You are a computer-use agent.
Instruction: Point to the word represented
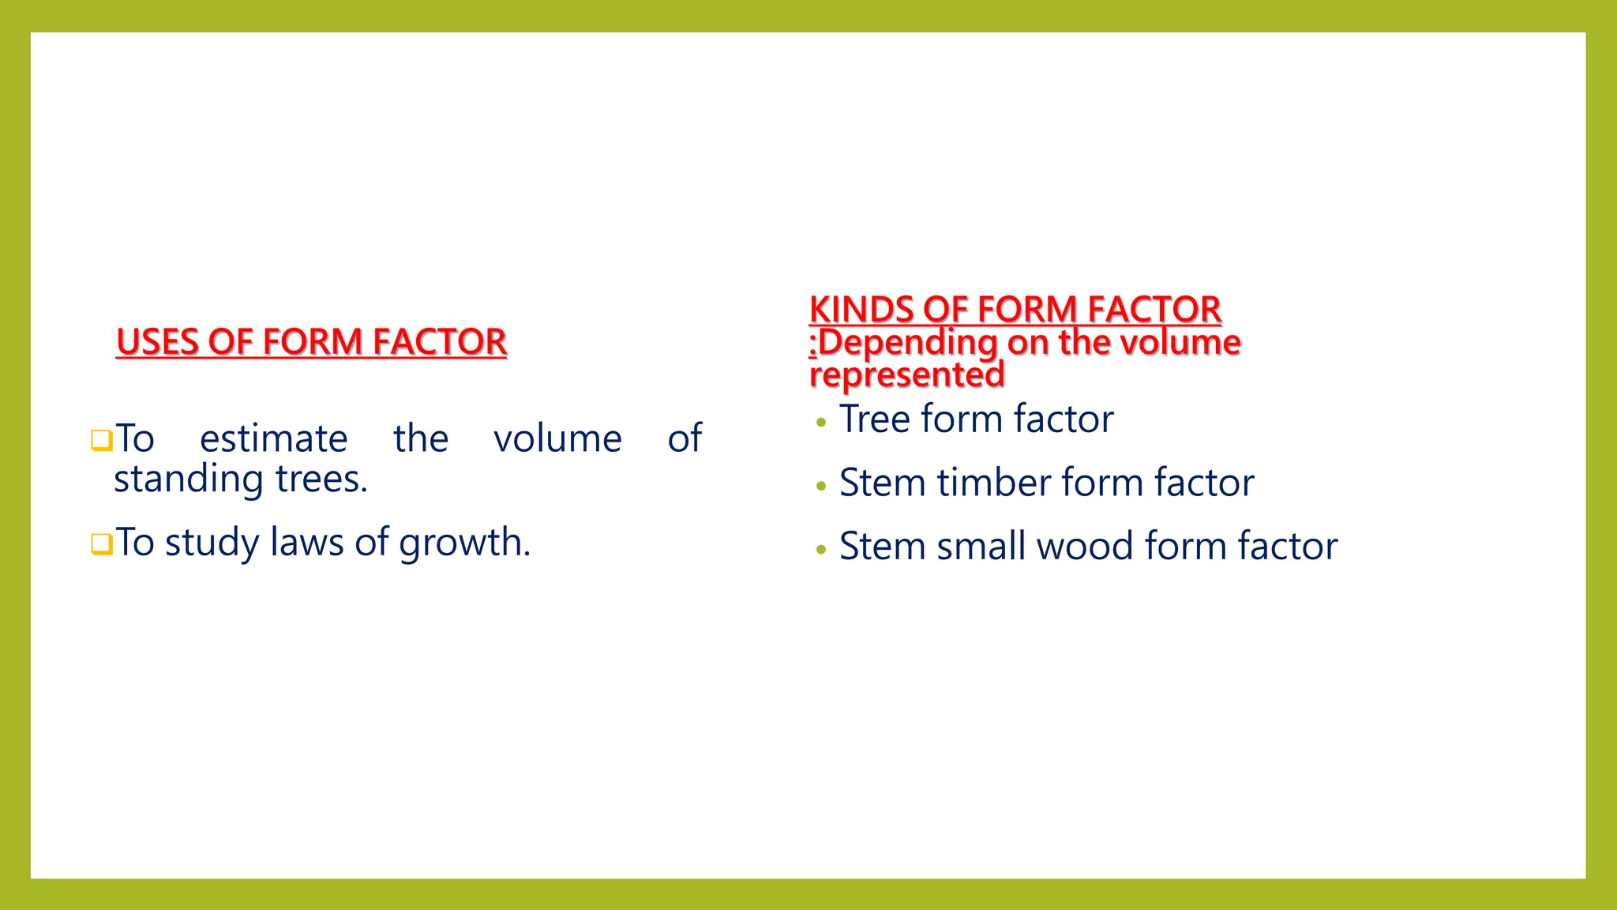click(907, 375)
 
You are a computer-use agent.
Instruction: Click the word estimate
click(273, 438)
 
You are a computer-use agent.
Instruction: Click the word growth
click(464, 543)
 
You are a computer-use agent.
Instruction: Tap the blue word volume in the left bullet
click(557, 438)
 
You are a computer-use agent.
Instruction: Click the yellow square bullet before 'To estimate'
click(102, 440)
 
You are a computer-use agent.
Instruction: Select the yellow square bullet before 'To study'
click(102, 544)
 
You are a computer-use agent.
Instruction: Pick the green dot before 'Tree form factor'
click(821, 423)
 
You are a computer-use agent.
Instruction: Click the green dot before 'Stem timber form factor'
click(821, 486)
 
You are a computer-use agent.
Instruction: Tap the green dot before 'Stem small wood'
click(821, 549)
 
